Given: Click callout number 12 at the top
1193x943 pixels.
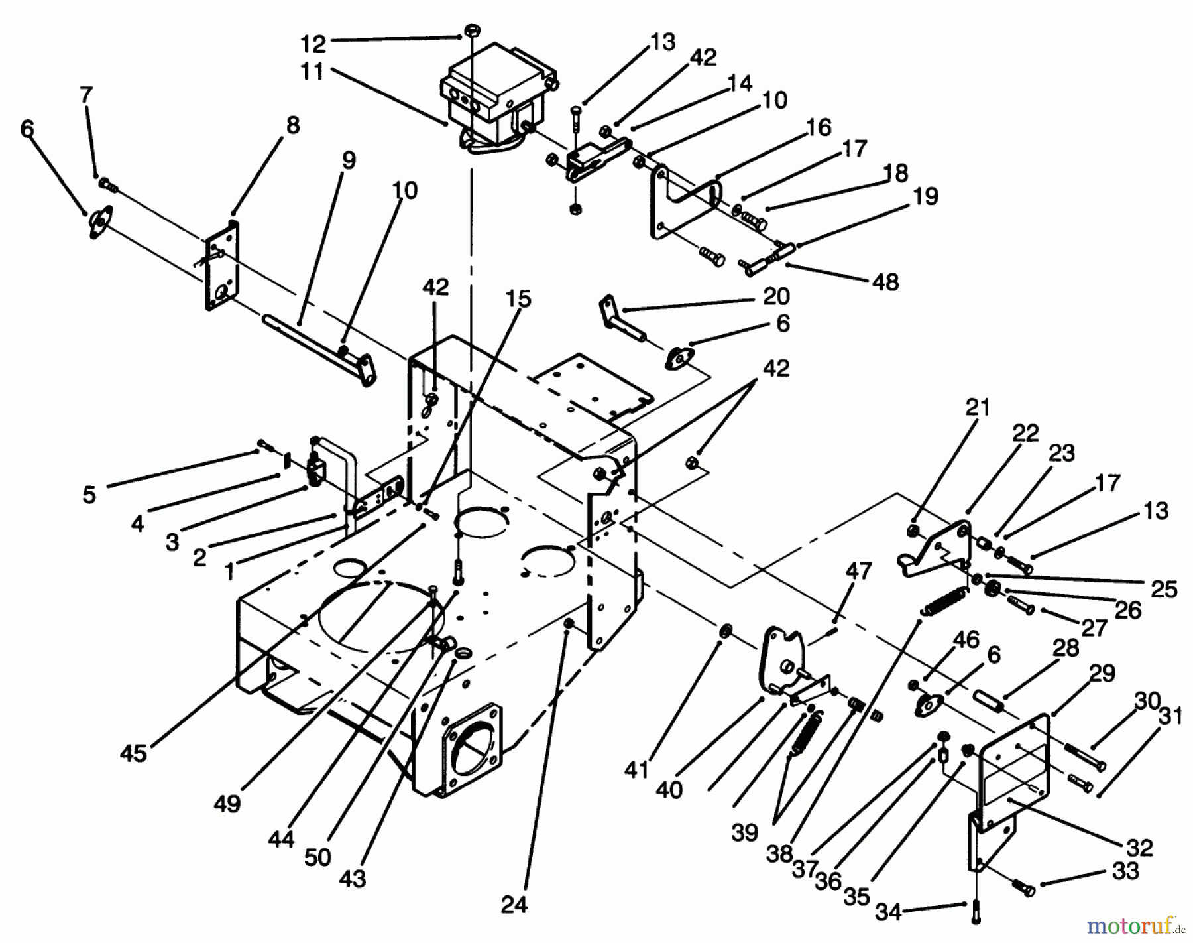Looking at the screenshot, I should [x=313, y=44].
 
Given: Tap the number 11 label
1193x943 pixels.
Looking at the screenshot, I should [x=312, y=72].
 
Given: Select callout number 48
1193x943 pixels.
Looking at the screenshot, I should [x=885, y=282].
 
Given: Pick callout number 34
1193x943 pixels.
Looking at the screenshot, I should [x=888, y=912].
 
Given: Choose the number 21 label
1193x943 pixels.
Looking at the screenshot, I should [x=977, y=407].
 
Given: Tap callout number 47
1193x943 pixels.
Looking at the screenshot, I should [x=858, y=571].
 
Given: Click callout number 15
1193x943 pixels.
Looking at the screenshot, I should [x=518, y=299].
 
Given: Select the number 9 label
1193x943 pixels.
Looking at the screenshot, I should [x=349, y=160].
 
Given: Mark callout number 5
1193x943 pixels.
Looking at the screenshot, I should [x=89, y=494].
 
